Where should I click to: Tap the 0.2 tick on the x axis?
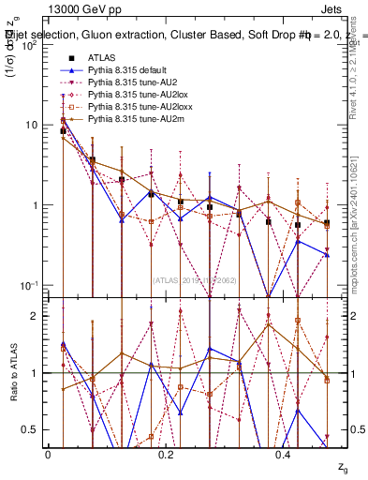[x=166, y=454]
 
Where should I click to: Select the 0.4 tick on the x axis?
[x=285, y=454]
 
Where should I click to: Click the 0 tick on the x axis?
[x=48, y=454]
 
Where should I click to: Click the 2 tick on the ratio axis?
[x=35, y=316]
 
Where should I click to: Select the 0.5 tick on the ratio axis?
[x=31, y=429]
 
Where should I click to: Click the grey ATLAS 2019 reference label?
[x=196, y=280]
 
